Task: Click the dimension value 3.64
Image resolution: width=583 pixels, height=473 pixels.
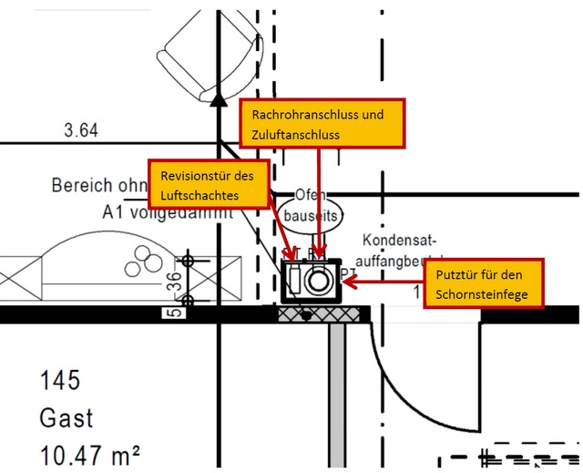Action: [x=81, y=130]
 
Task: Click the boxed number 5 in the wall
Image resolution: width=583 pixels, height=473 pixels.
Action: [x=173, y=314]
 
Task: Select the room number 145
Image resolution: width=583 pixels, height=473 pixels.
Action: [x=61, y=380]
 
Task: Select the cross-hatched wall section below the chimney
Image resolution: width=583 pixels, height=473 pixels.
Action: [x=322, y=314]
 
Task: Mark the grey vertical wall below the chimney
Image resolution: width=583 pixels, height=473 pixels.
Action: [x=336, y=392]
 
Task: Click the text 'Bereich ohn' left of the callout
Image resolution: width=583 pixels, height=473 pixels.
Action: [x=98, y=185]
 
